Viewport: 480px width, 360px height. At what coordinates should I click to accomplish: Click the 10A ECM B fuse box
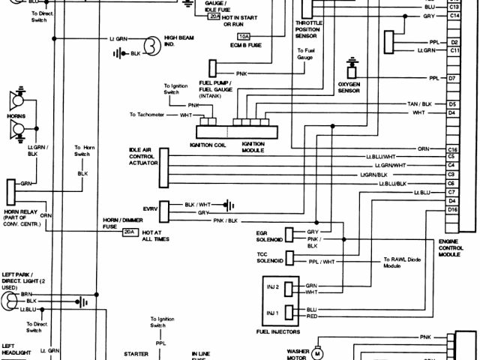point(244,36)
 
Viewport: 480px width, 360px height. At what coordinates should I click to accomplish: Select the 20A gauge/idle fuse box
point(214,16)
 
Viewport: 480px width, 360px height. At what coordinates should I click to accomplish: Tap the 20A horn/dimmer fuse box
point(129,232)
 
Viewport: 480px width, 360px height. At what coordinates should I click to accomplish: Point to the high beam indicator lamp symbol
point(151,45)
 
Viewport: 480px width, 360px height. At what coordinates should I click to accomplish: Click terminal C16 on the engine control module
point(452,149)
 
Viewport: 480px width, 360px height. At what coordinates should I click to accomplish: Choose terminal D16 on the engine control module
point(452,210)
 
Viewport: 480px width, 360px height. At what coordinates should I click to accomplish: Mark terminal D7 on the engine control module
point(452,78)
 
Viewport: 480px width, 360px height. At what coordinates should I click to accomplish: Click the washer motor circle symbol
point(316,352)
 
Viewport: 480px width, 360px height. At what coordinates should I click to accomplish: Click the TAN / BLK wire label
point(419,103)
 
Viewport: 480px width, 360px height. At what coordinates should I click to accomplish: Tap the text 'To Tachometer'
point(153,114)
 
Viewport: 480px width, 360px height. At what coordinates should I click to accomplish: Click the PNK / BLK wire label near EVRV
point(225,220)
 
